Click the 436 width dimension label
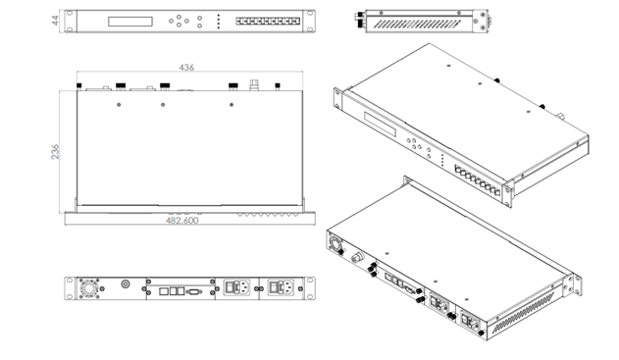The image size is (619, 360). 186,68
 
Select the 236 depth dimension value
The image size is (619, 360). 55,152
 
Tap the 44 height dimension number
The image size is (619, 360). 55,21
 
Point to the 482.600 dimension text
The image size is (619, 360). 182,221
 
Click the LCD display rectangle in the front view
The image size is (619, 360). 130,22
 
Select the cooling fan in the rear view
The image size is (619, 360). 89,288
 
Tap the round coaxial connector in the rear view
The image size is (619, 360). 126,283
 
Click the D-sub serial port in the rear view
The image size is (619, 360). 194,291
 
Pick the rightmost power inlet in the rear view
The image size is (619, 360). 282,287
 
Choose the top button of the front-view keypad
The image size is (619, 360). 179,17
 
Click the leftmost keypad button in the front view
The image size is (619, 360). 171,21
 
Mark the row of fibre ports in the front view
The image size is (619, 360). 268,22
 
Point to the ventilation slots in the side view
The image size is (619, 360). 417,25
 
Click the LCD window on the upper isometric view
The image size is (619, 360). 381,124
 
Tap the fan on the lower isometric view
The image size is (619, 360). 335,244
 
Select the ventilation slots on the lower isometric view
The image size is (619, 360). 523,314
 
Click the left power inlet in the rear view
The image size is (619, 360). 237,287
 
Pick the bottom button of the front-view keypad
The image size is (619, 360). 179,25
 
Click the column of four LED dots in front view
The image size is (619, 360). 219,22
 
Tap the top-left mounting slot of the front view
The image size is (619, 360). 70,13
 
